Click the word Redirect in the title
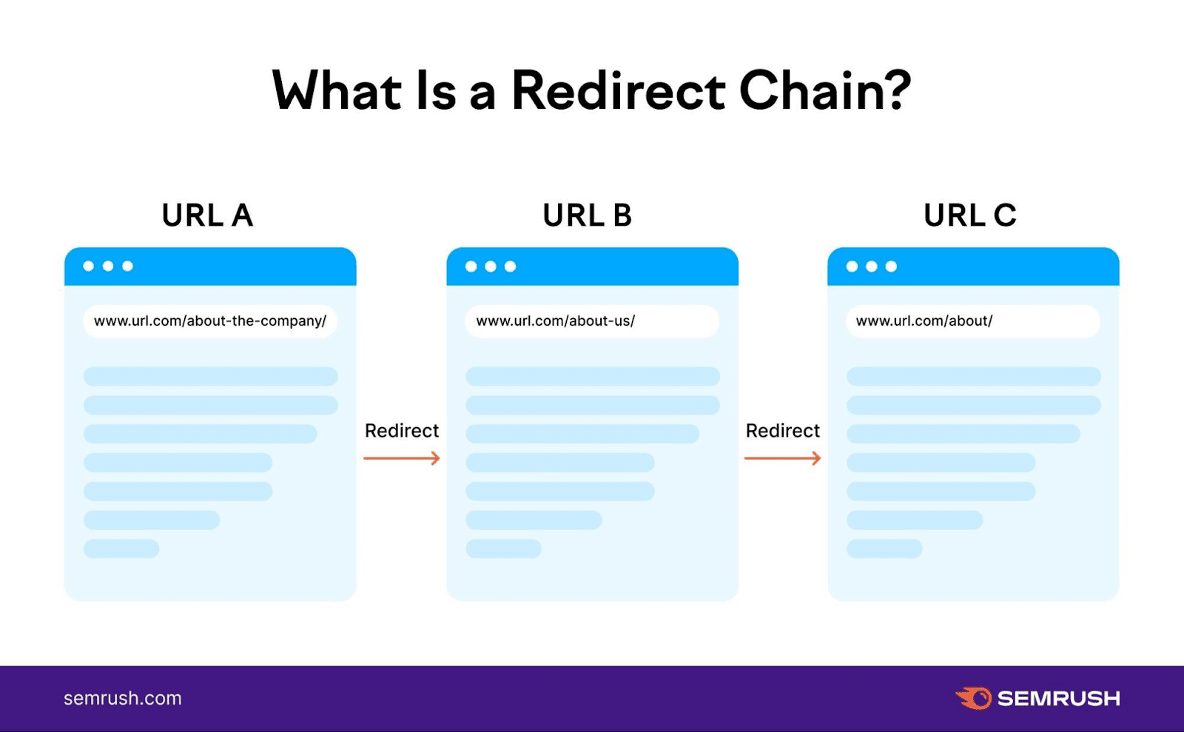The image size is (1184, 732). point(617,91)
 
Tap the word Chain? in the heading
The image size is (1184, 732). point(824,91)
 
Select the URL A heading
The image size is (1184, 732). point(207,215)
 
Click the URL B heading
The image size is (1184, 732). point(588,215)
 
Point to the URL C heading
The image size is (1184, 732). point(969,215)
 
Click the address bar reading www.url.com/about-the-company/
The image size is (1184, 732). point(210,321)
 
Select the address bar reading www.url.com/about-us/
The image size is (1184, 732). point(592,321)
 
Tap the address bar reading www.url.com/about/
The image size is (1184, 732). point(972,321)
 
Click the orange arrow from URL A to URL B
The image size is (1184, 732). point(402,459)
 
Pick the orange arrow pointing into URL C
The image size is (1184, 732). point(783,459)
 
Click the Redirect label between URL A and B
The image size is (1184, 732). point(402,431)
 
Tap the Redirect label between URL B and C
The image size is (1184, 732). point(783,431)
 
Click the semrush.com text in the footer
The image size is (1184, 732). point(123,698)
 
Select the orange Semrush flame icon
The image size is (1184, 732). point(974,698)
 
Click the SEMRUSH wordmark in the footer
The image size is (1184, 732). point(1058,699)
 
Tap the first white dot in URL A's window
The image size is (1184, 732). point(89,266)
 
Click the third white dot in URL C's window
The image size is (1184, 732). point(891,266)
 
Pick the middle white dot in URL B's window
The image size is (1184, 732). point(491,266)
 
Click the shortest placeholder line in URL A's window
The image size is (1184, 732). point(121,548)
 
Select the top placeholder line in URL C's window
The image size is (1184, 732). point(973,376)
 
